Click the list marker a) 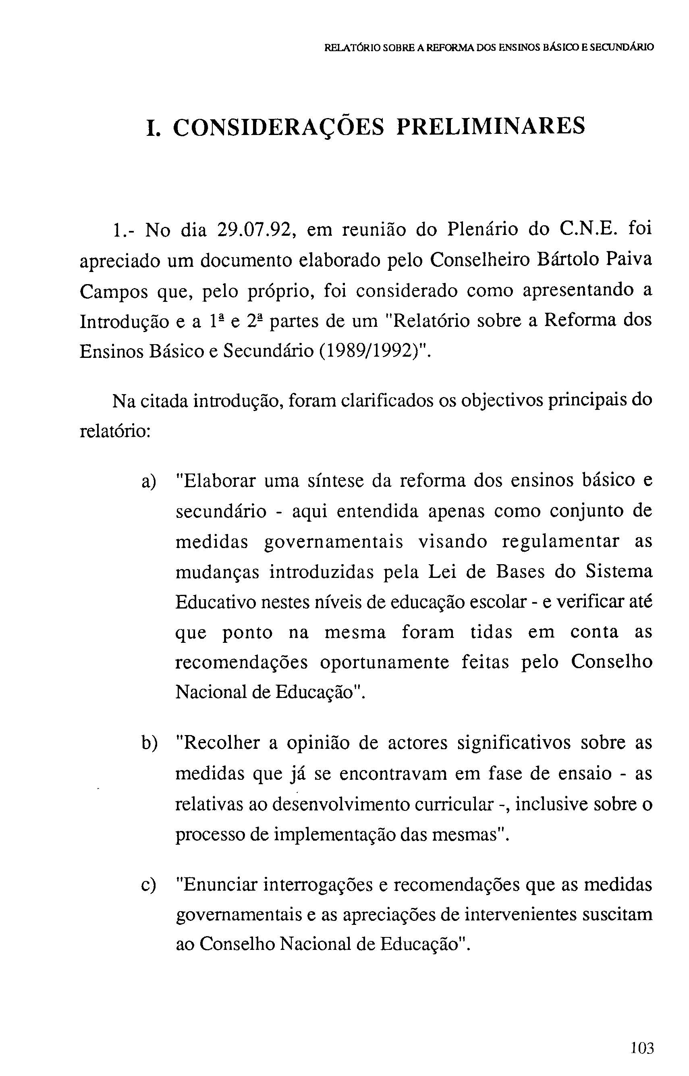[149, 482]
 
